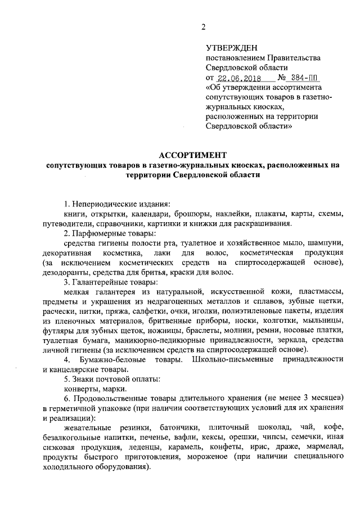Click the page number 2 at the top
(204, 27)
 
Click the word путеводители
(68, 224)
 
